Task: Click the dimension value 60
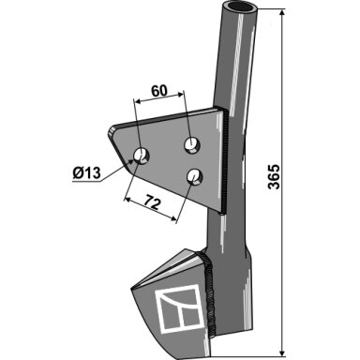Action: [x=159, y=91]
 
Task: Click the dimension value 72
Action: [x=153, y=203]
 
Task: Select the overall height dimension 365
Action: [x=275, y=176]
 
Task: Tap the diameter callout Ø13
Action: [x=86, y=173]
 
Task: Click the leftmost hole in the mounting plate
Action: [x=142, y=156]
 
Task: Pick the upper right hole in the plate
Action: [x=192, y=145]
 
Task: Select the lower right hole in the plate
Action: [x=194, y=176]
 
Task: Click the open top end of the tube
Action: [x=240, y=7]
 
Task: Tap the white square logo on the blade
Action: [x=179, y=307]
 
